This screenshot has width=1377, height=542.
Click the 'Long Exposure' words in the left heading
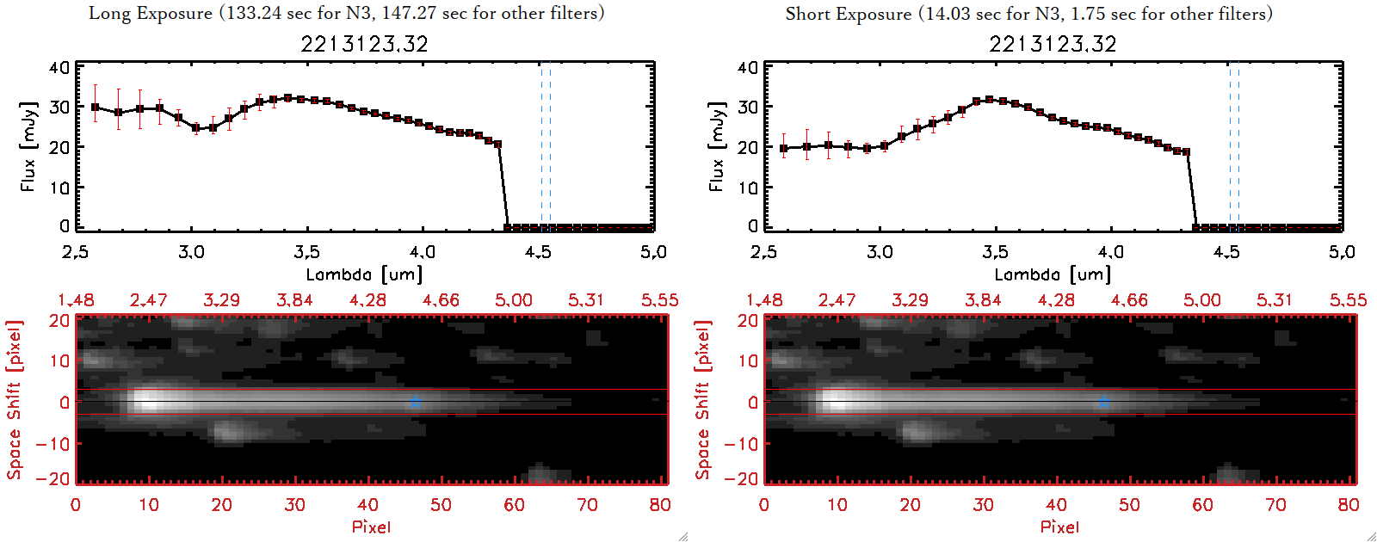click(150, 13)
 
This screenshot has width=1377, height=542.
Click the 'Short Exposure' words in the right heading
click(848, 14)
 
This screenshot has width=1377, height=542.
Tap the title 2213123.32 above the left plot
click(364, 44)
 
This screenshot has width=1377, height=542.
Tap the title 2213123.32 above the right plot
click(1053, 44)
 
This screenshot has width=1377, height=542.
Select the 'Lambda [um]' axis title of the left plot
click(364, 274)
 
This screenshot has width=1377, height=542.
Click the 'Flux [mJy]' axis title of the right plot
click(716, 146)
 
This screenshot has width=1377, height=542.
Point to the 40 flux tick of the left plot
click(59, 68)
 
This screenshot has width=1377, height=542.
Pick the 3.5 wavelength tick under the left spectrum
click(307, 252)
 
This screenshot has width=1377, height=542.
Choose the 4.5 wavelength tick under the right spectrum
click(1226, 252)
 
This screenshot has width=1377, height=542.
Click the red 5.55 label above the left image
click(659, 300)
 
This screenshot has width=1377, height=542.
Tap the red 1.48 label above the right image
click(764, 300)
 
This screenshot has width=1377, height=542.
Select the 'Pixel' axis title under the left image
click(371, 527)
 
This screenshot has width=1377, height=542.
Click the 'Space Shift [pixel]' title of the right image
click(703, 400)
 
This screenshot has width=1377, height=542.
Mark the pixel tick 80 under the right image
click(1349, 505)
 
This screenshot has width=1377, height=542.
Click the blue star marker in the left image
click(415, 402)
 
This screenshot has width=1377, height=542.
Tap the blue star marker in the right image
click(1103, 402)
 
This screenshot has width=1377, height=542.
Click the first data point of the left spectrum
click(96, 108)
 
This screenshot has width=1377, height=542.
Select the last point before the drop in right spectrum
click(1187, 152)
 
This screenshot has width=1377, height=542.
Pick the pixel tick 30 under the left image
click(295, 505)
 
